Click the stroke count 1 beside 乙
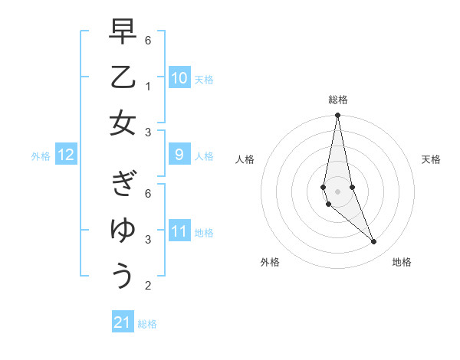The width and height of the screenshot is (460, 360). pyautogui.click(x=148, y=86)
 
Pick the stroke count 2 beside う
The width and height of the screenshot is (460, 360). pyautogui.click(x=148, y=286)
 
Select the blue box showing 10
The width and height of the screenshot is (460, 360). pyautogui.click(x=179, y=77)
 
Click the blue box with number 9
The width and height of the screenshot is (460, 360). pyautogui.click(x=179, y=155)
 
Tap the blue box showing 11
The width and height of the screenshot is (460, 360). pyautogui.click(x=179, y=231)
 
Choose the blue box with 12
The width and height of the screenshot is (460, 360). pyautogui.click(x=66, y=155)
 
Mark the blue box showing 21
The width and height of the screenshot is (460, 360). pyautogui.click(x=123, y=322)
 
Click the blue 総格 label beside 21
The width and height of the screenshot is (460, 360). pyautogui.click(x=147, y=324)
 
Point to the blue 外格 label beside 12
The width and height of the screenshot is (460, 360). pyautogui.click(x=41, y=156)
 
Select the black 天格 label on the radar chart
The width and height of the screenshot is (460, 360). pyautogui.click(x=431, y=159)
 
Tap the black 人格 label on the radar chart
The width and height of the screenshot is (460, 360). pyautogui.click(x=245, y=159)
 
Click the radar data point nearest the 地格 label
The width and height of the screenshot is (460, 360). pyautogui.click(x=374, y=242)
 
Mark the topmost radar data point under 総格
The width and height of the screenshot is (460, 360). pyautogui.click(x=337, y=116)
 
